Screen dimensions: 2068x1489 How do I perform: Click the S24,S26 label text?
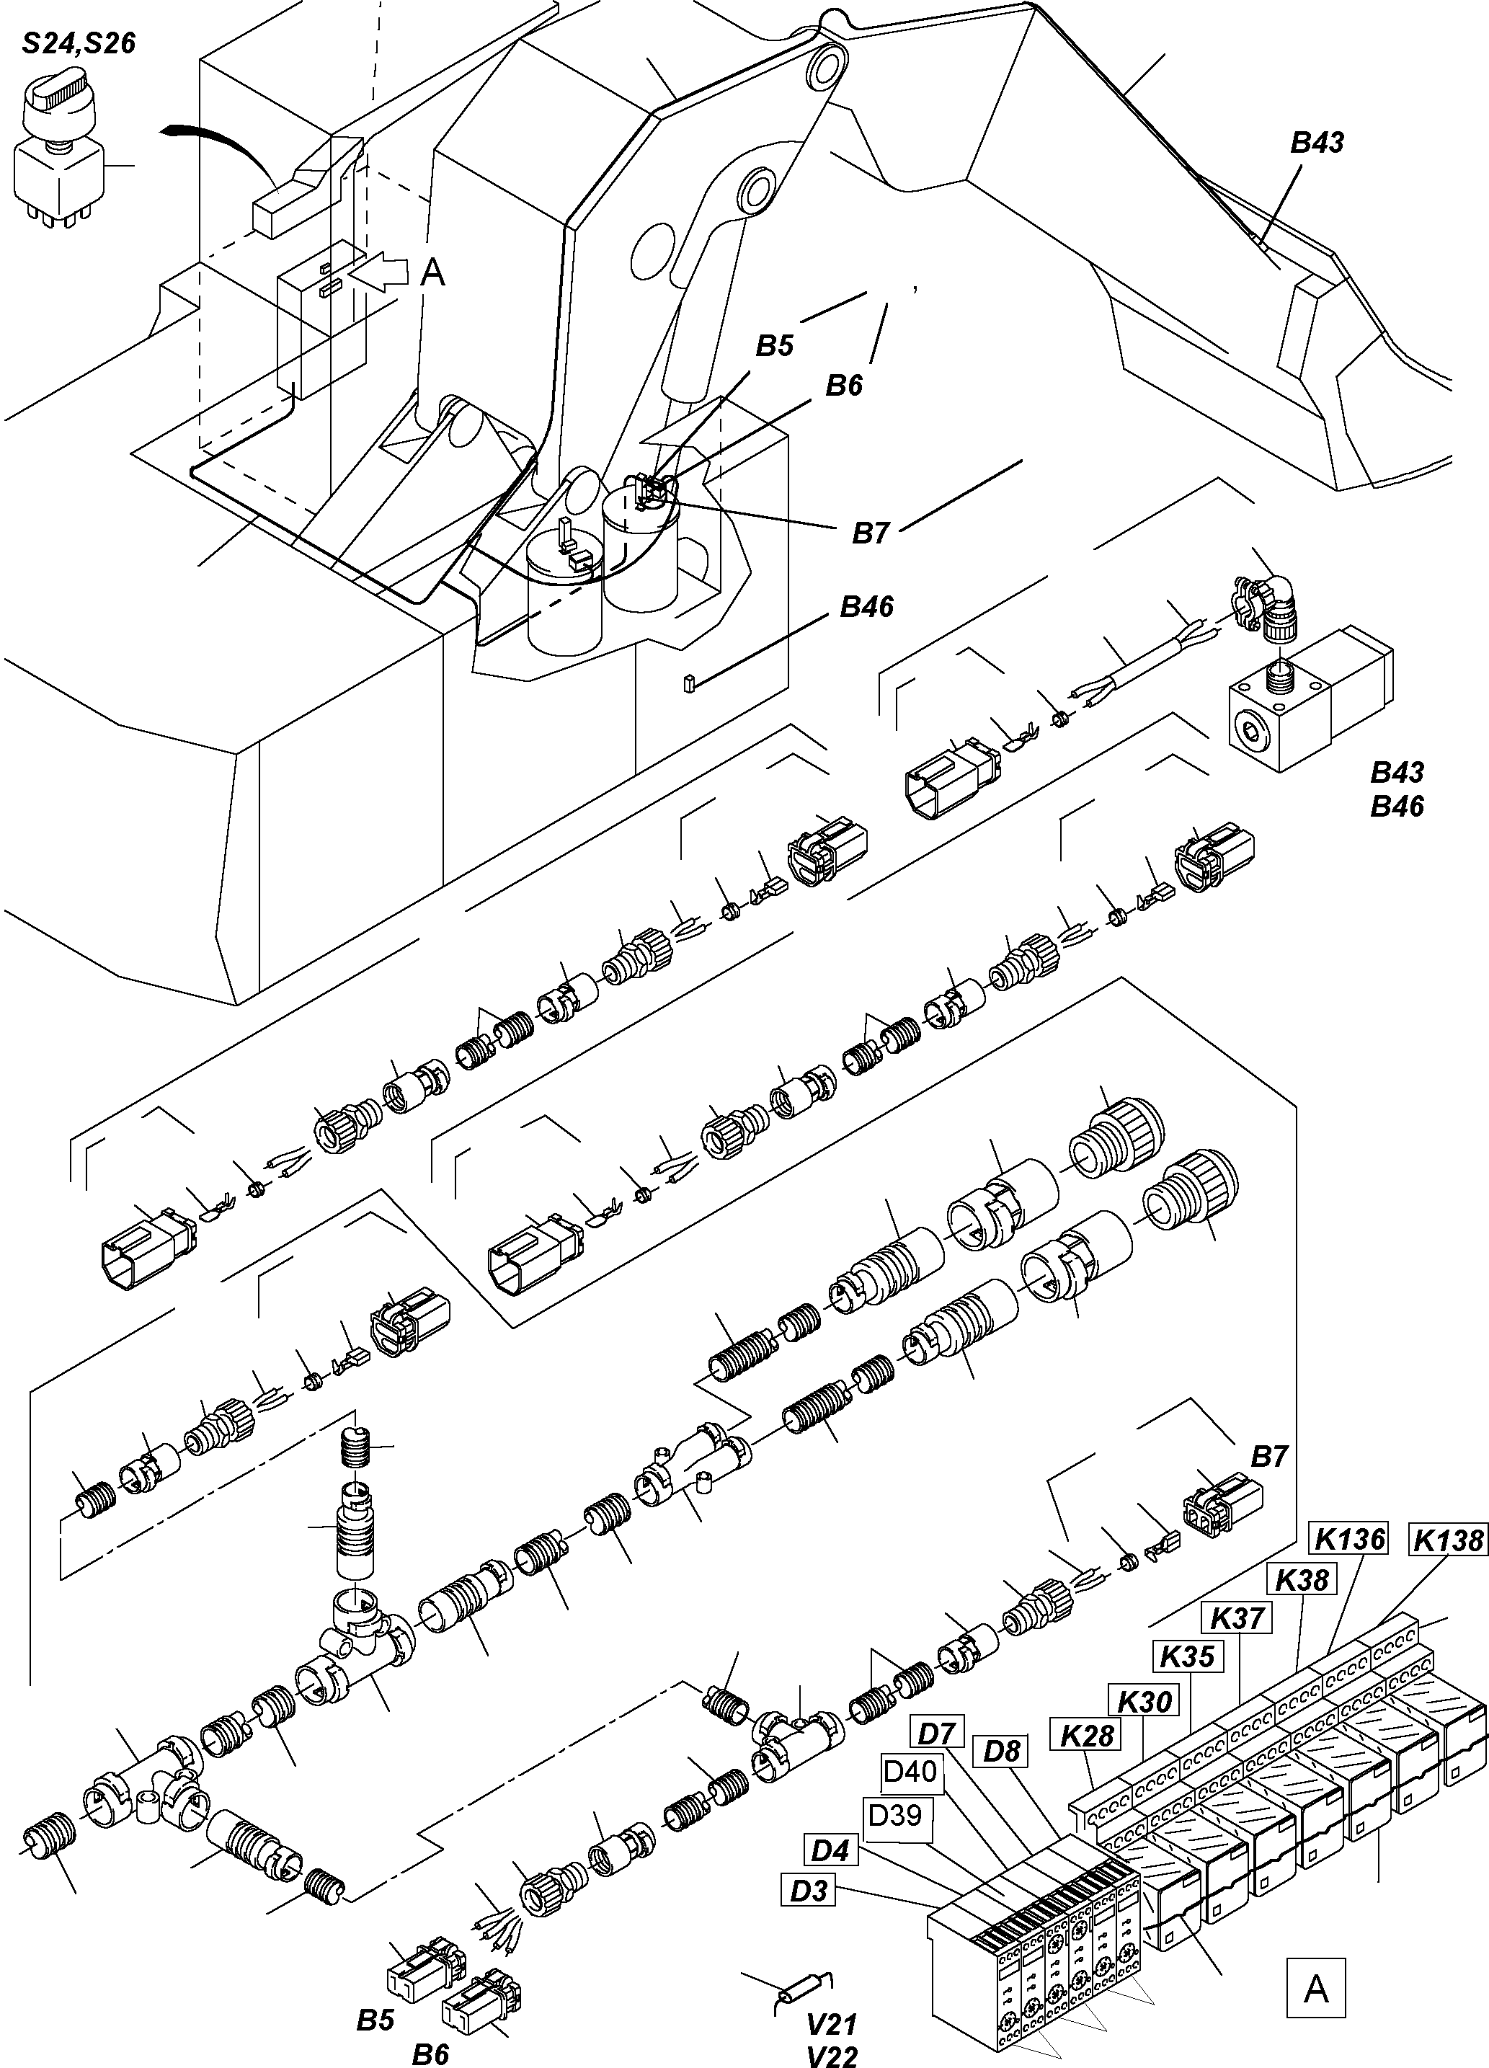point(79,43)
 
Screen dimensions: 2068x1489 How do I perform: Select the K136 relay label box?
point(1348,1539)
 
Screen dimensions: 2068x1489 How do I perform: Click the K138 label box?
point(1449,1540)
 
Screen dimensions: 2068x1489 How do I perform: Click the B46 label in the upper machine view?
point(866,606)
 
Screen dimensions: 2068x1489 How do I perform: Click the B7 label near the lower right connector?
point(1268,1457)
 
